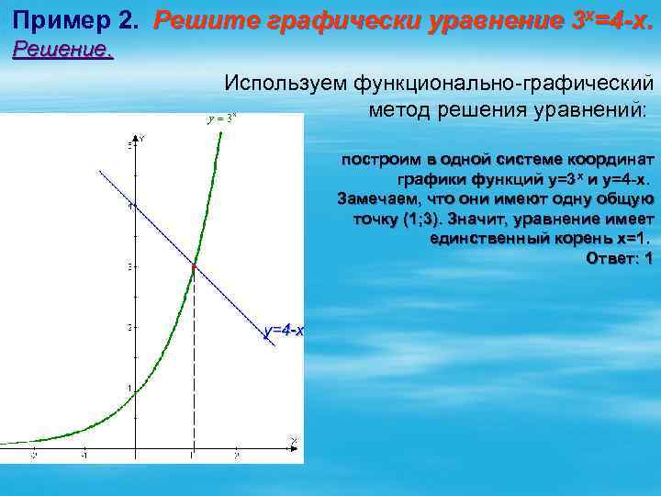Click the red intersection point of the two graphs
tap(193, 265)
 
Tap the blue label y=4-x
tap(284, 331)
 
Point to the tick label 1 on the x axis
tap(191, 455)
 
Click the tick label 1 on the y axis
tap(129, 387)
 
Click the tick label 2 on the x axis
tap(236, 455)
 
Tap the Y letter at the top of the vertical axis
tap(143, 139)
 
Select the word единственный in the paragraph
tap(490, 239)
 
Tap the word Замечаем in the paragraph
tap(376, 198)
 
